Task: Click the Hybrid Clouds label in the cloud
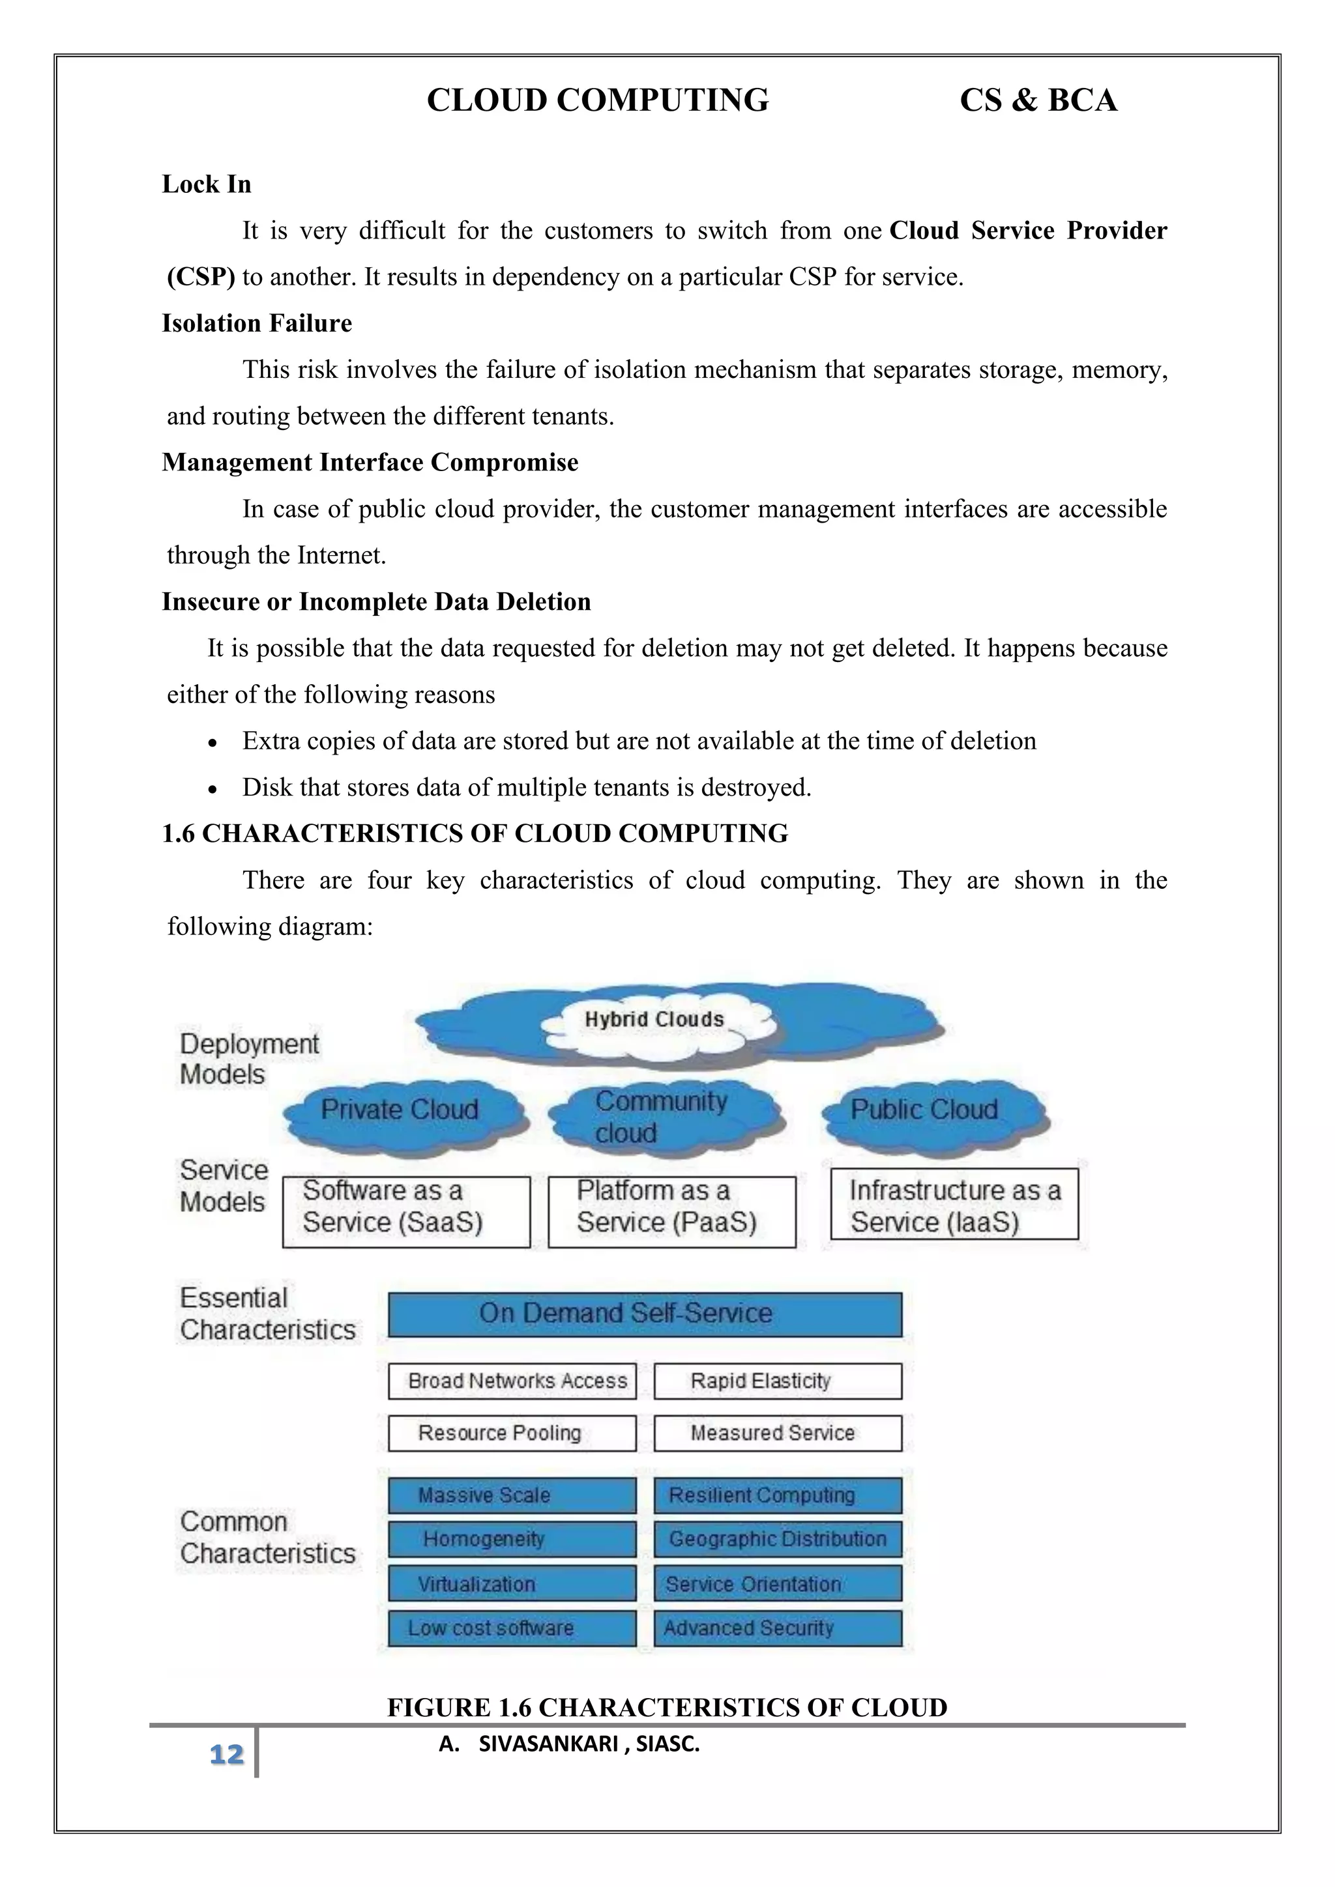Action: click(x=654, y=1020)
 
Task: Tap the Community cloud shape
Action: click(x=662, y=1116)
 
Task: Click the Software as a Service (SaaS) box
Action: click(x=406, y=1211)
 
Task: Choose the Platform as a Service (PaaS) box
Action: click(x=671, y=1211)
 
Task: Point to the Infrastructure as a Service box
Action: click(x=954, y=1204)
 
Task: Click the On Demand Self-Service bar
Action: click(x=645, y=1314)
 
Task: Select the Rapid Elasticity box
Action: click(x=778, y=1381)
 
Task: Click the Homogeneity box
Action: click(x=512, y=1538)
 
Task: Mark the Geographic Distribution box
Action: click(x=778, y=1538)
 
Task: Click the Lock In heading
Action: click(x=207, y=184)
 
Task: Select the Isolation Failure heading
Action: click(x=256, y=323)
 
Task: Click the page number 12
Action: click(x=226, y=1754)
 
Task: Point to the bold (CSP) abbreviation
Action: click(x=201, y=277)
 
